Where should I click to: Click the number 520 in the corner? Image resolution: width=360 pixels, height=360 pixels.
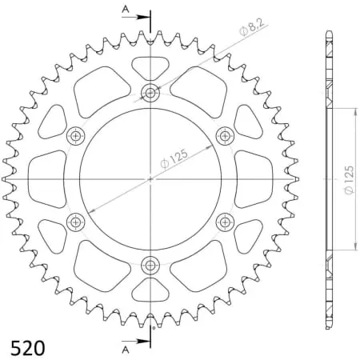click(27, 349)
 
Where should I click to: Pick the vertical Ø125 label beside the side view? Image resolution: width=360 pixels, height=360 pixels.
click(350, 180)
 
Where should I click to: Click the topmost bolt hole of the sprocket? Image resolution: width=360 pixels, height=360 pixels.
click(150, 92)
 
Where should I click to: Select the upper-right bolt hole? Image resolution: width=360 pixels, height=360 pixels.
click(225, 135)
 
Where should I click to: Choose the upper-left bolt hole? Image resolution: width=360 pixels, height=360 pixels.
click(76, 135)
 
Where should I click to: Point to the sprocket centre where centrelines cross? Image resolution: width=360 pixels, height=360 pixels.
click(150, 178)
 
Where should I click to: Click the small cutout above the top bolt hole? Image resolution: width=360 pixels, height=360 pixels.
click(150, 67)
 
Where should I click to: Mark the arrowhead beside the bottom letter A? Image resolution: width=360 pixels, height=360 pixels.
click(145, 342)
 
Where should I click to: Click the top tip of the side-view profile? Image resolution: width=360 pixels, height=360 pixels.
click(327, 31)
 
